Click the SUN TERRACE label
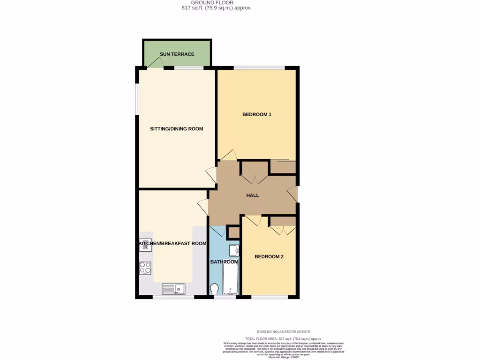pyautogui.click(x=177, y=54)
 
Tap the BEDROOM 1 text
pyautogui.click(x=256, y=114)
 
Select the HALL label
pyautogui.click(x=253, y=195)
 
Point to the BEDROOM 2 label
pyautogui.click(x=269, y=256)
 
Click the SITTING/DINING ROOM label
pyautogui.click(x=176, y=128)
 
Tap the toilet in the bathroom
pyautogui.click(x=215, y=288)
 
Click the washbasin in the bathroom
pyautogui.click(x=234, y=250)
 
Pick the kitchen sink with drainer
pyautogui.click(x=173, y=289)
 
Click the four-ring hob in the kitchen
pyautogui.click(x=145, y=268)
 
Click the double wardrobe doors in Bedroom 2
pyautogui.click(x=283, y=230)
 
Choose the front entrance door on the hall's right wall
pyautogui.click(x=292, y=194)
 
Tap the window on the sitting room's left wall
pyautogui.click(x=137, y=99)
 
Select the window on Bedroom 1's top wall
pyautogui.click(x=259, y=68)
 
